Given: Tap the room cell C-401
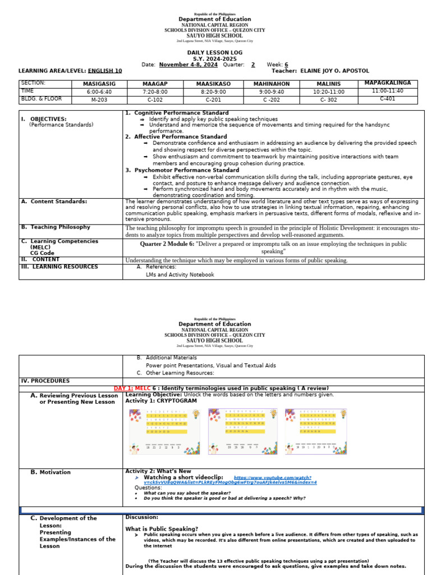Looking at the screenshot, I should (x=387, y=99).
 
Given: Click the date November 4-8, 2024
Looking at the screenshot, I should (x=188, y=65).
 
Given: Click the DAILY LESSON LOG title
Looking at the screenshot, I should (x=215, y=52).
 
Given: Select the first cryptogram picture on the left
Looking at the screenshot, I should (x=165, y=431).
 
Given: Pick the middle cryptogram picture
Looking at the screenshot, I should (x=241, y=431).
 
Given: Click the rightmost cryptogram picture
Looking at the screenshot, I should (x=318, y=431).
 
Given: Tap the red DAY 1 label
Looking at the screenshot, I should (x=123, y=389).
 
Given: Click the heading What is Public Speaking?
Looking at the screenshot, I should (x=162, y=529).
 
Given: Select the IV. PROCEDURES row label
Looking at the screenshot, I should (x=47, y=381).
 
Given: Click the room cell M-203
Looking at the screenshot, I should (x=99, y=99).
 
